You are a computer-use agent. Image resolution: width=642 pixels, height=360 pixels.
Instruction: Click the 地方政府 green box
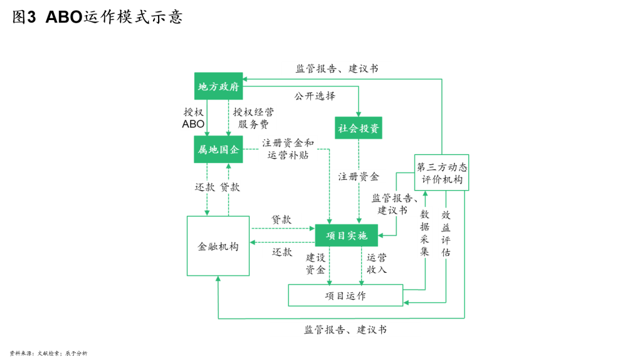(218, 87)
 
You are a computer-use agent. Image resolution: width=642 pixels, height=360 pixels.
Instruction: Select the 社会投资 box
(359, 128)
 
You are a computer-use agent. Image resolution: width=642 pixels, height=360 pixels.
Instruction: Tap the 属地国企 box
(218, 149)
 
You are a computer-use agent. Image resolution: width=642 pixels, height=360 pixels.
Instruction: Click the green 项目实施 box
(346, 235)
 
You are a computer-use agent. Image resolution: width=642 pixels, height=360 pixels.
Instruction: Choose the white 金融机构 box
(218, 246)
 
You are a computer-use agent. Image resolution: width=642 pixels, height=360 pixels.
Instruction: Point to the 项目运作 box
(345, 295)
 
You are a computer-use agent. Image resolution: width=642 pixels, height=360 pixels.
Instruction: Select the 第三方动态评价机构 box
(441, 172)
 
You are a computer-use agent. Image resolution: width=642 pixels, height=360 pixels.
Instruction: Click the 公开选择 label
(314, 96)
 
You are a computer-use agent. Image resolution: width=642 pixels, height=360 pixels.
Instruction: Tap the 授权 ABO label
(193, 117)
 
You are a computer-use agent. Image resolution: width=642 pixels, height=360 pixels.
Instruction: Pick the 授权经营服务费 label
(253, 117)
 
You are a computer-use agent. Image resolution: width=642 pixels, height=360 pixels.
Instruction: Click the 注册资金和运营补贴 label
(288, 149)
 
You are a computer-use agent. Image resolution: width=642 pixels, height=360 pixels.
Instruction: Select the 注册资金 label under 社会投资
(359, 176)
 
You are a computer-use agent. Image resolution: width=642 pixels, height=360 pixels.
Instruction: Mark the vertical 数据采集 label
(424, 232)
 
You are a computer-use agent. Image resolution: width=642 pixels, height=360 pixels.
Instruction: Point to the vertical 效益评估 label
(446, 233)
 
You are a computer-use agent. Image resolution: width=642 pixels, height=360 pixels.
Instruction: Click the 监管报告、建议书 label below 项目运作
(345, 329)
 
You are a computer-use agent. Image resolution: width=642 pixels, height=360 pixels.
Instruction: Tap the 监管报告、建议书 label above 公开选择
(337, 68)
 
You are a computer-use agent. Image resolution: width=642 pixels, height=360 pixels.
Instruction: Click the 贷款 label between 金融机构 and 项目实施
(281, 220)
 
